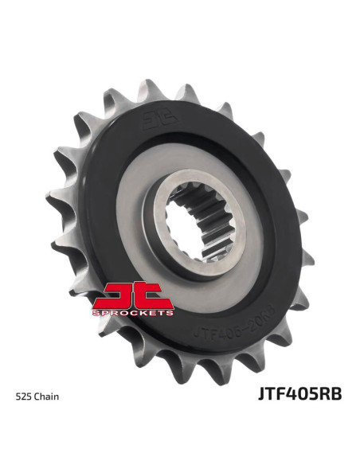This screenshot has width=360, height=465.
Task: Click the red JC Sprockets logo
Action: pyautogui.click(x=133, y=300)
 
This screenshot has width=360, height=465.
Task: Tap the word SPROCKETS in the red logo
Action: pyautogui.click(x=133, y=314)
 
